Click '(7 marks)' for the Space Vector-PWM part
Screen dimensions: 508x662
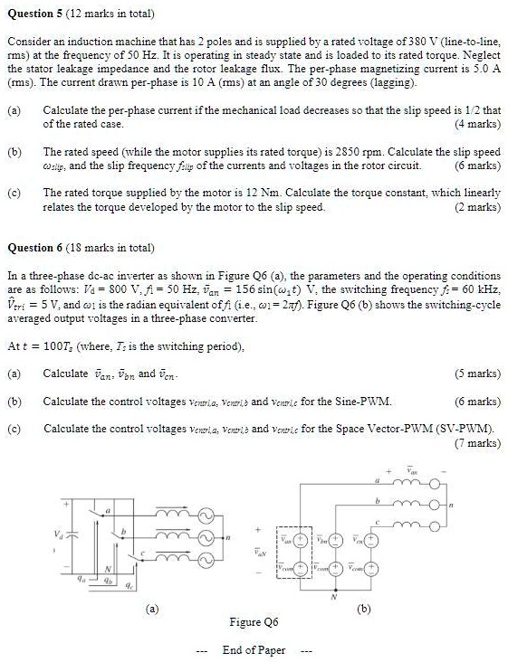[477, 443]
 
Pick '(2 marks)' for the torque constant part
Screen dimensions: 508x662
[477, 206]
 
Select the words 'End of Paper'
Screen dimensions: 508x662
[254, 650]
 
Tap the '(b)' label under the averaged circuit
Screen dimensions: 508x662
[363, 609]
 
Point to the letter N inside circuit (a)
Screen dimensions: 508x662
[108, 567]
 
